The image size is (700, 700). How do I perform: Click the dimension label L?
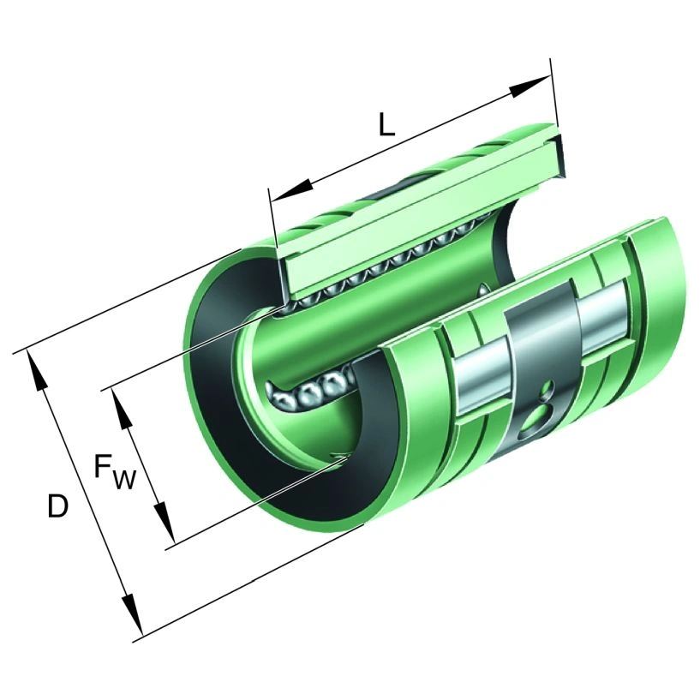point(386,124)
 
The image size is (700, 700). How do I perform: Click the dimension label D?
point(57,506)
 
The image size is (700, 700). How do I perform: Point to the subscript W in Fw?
point(123,480)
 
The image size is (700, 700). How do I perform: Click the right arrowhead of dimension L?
point(529,86)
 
